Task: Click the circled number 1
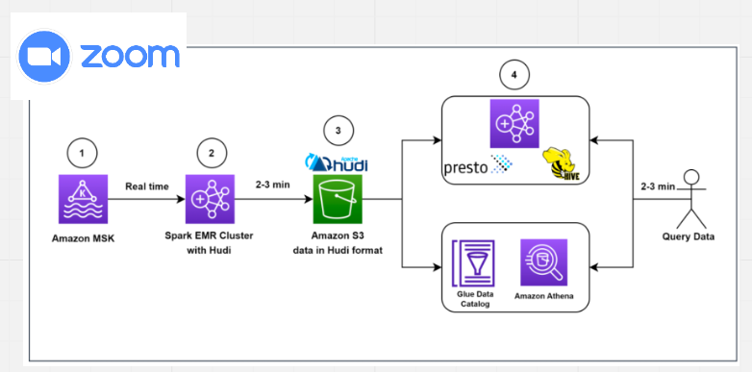83,153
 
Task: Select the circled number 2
212,153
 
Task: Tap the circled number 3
337,130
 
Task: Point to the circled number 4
514,75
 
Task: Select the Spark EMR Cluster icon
211,200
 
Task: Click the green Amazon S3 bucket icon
337,200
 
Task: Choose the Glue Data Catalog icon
473,261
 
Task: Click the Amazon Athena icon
543,262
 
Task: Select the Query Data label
689,237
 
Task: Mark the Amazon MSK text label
83,236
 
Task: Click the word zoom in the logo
128,57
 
